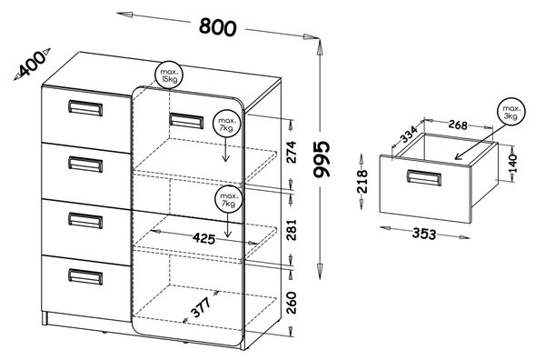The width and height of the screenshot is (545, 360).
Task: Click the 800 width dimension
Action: click(218, 26)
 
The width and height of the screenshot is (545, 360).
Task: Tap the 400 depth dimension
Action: click(32, 65)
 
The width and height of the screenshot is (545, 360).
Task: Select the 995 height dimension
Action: click(321, 159)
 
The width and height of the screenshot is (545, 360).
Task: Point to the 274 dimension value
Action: click(292, 152)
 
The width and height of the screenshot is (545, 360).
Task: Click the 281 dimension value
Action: click(292, 230)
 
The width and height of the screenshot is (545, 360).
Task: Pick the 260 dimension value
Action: click(292, 303)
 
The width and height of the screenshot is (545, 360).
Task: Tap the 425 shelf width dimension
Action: click(203, 238)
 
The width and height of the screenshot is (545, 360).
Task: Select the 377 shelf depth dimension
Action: click(202, 307)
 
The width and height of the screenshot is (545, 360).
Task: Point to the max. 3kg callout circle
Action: click(510, 112)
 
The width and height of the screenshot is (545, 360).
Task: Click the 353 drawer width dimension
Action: click(424, 234)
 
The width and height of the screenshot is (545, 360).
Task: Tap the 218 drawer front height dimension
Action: click(362, 181)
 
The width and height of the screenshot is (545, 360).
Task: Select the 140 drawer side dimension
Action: click(513, 164)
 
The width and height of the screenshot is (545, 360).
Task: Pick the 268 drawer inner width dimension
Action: click(458, 125)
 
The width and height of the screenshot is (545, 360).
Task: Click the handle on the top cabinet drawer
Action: click(85, 108)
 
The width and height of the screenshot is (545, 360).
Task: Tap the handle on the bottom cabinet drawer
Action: click(85, 277)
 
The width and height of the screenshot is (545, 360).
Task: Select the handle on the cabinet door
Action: click(186, 121)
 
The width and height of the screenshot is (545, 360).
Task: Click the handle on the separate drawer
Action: click(424, 178)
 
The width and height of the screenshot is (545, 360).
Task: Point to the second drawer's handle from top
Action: click(85, 165)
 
